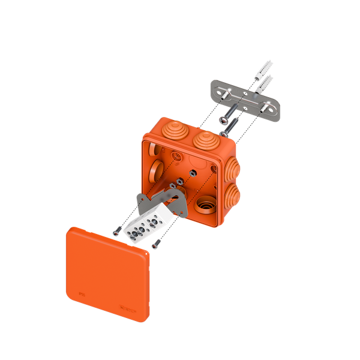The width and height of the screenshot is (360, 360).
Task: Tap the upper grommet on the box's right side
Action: pos(233,166)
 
